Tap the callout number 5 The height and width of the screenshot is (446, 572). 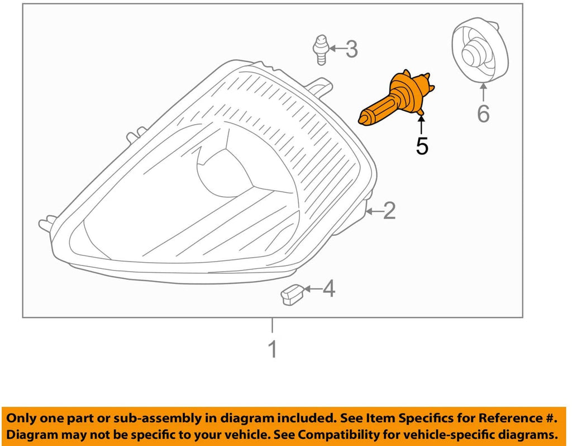[422, 146]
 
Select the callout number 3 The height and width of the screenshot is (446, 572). [351, 49]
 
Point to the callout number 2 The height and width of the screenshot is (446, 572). [389, 210]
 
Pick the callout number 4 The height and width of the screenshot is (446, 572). [329, 289]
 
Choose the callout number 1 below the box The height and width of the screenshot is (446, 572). [273, 349]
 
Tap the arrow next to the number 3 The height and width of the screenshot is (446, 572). [334, 49]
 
